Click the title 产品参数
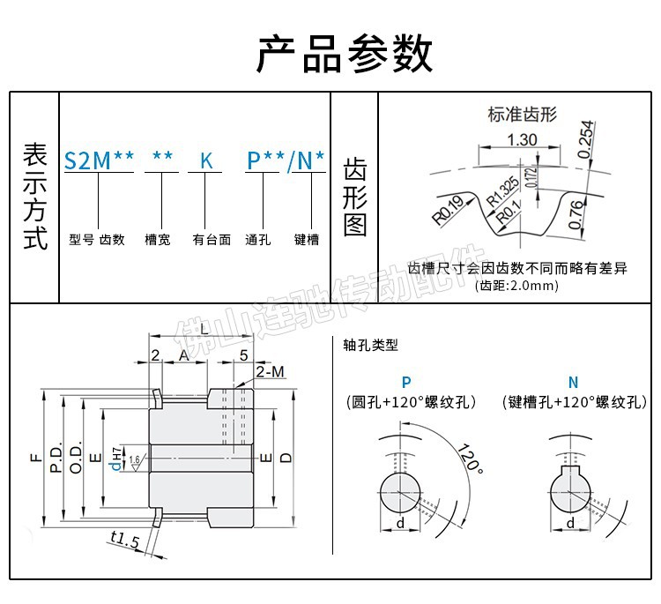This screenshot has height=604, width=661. coord(345,54)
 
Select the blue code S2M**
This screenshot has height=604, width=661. coord(99,160)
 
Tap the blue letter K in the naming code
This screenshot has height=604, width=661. coord(206,161)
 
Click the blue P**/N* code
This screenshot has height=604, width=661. coord(286,160)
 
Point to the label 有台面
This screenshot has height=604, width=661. coord(212,239)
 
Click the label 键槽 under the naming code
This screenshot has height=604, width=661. coord(306,239)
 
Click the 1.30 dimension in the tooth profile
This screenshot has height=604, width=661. coord(523,138)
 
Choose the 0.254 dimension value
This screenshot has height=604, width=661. coord(587,139)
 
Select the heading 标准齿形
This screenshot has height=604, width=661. coord(523,114)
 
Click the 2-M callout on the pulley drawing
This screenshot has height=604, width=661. coord(271,373)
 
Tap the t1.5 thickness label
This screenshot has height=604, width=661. coord(126,540)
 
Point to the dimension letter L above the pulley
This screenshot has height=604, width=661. coord(204,329)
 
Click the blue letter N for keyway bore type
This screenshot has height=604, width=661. coord(573,382)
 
